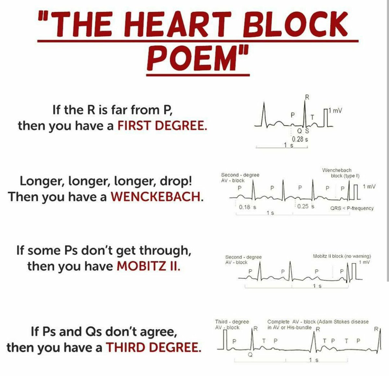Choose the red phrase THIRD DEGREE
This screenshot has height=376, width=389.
pyautogui.click(x=153, y=348)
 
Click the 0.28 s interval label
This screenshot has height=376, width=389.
pyautogui.click(x=300, y=139)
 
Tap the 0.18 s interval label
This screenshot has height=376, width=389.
pyautogui.click(x=247, y=207)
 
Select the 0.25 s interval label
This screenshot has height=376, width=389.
pyautogui.click(x=306, y=206)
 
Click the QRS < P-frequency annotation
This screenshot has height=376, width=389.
pyautogui.click(x=352, y=208)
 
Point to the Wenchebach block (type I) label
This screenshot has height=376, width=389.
pyautogui.click(x=341, y=173)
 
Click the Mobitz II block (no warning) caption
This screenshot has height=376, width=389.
pyautogui.click(x=342, y=256)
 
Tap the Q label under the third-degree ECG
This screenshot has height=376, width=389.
pyautogui.click(x=250, y=355)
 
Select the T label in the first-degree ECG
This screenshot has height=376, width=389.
pyautogui.click(x=312, y=117)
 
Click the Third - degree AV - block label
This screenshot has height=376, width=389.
pyautogui.click(x=232, y=325)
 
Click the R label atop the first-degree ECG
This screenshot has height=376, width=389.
pyautogui.click(x=307, y=97)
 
